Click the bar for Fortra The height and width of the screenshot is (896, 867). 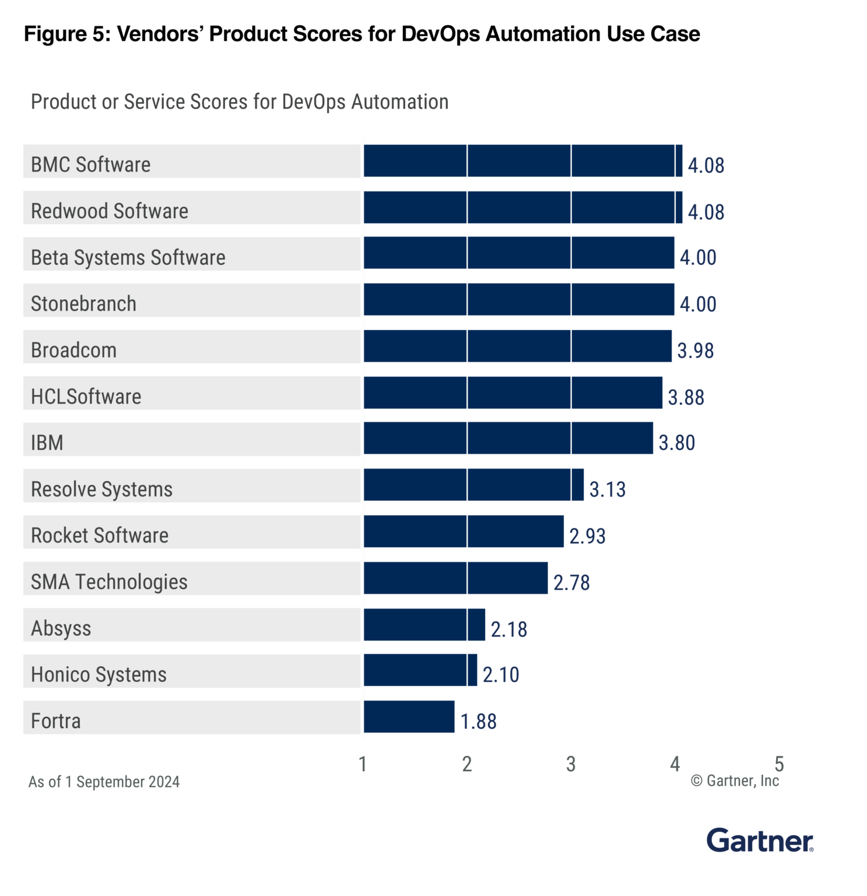tap(409, 716)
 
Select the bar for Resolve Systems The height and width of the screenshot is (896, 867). tap(473, 485)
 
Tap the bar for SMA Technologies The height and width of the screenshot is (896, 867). tap(455, 577)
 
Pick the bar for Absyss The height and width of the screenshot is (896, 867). tap(424, 624)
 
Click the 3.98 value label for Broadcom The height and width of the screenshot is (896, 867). tap(695, 351)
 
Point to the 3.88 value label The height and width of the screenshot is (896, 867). tap(686, 397)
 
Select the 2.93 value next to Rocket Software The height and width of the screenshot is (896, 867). tap(587, 536)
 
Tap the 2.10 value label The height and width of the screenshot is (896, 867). tap(500, 675)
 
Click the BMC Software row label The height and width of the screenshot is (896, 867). tap(90, 164)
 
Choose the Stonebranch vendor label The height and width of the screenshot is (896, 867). tap(83, 304)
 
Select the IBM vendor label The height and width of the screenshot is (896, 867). tap(47, 443)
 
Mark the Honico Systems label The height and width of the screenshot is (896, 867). tap(99, 675)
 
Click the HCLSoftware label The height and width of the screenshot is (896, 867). tap(86, 397)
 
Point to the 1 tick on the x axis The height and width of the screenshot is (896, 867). tap(363, 764)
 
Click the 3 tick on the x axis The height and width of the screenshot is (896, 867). tap(571, 764)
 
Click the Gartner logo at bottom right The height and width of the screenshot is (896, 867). tap(759, 841)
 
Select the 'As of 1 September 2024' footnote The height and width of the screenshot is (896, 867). tap(104, 782)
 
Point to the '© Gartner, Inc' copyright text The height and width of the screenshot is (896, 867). tap(735, 781)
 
